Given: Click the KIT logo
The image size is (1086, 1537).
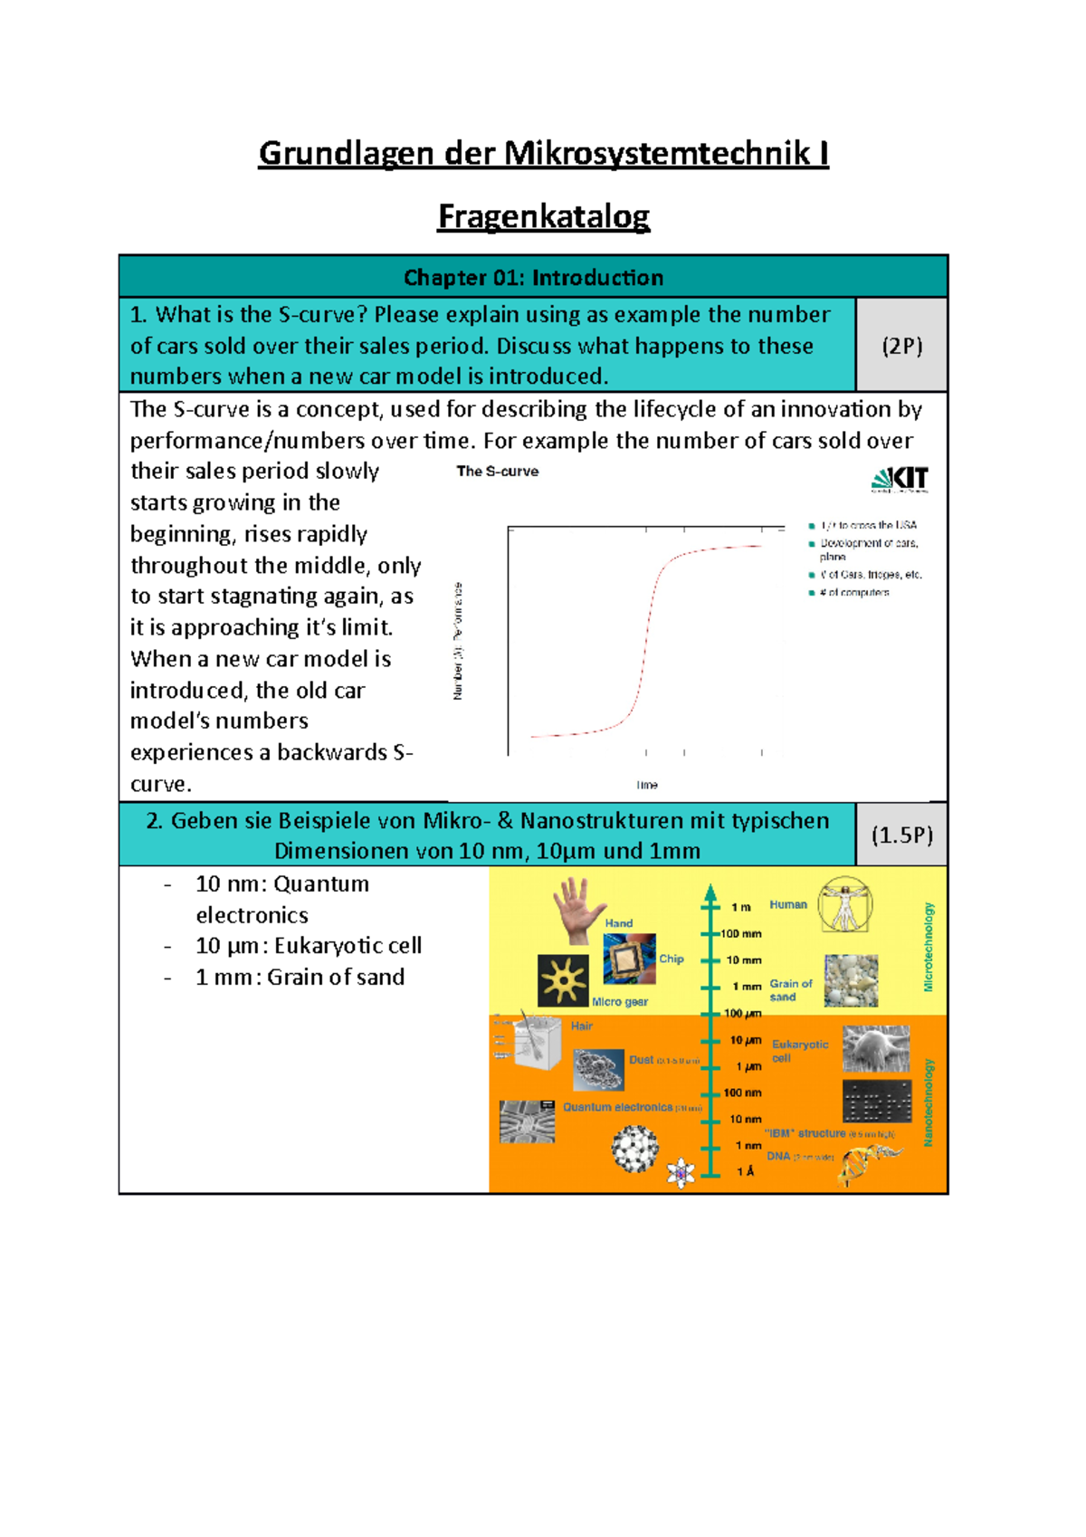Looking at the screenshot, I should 900,479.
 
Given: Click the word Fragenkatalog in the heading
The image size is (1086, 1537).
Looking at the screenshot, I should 543,216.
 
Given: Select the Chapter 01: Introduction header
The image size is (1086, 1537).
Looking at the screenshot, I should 533,277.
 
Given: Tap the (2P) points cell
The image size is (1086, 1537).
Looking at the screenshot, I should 901,346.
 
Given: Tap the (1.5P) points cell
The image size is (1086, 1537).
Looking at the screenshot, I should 901,835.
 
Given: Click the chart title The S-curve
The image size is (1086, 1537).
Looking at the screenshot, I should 497,472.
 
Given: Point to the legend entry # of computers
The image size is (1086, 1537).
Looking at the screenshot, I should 853,593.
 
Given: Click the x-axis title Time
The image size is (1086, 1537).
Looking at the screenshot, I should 646,785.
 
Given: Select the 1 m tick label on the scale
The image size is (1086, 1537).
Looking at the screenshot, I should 741,907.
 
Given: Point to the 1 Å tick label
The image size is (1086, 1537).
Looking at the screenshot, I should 745,1172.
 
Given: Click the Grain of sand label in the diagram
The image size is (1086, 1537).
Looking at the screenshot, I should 790,990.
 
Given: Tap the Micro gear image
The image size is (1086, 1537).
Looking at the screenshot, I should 563,980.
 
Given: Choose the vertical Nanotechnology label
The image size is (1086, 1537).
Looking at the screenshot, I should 928,1103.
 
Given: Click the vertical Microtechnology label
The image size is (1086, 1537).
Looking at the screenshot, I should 928,946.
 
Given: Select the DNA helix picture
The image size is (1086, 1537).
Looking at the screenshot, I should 868,1163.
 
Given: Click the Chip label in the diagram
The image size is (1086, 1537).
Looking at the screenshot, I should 672,959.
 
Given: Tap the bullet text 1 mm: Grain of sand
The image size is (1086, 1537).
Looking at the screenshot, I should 300,978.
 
